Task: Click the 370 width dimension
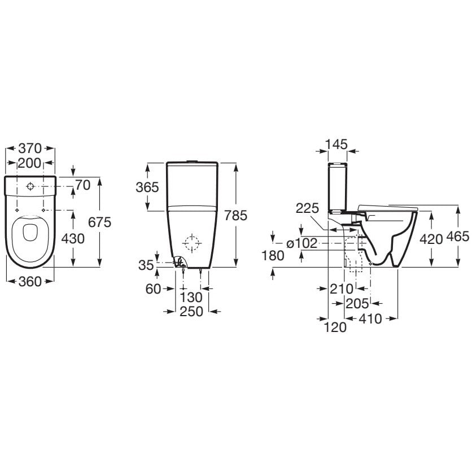pos(30,148)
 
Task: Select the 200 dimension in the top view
pos(29,163)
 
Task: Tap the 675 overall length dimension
pos(99,222)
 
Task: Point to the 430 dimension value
pos(73,239)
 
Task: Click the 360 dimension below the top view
pos(30,282)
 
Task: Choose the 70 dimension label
pos(83,185)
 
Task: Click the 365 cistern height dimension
pos(147,187)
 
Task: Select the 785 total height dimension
pos(236,215)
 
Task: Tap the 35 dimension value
pos(146,265)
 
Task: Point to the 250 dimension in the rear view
pos(191,312)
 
